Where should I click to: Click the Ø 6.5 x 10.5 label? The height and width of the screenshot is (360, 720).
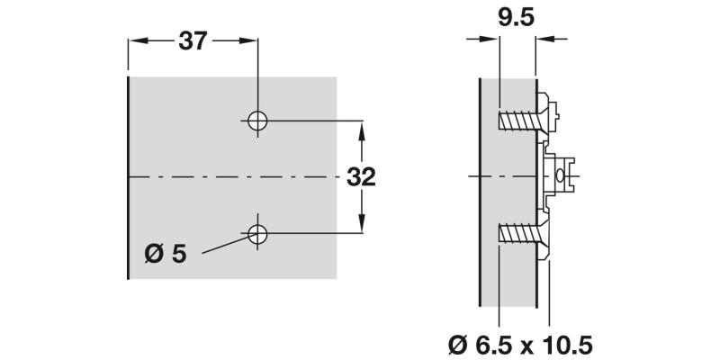point(521,343)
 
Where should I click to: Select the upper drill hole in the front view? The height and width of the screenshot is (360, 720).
point(257,121)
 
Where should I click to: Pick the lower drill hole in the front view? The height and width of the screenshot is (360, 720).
point(257,234)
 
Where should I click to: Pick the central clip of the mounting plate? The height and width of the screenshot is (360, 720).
point(562,176)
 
